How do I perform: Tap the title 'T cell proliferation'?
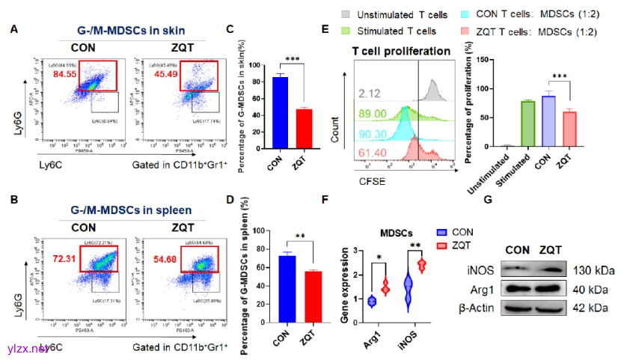pos(401,51)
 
